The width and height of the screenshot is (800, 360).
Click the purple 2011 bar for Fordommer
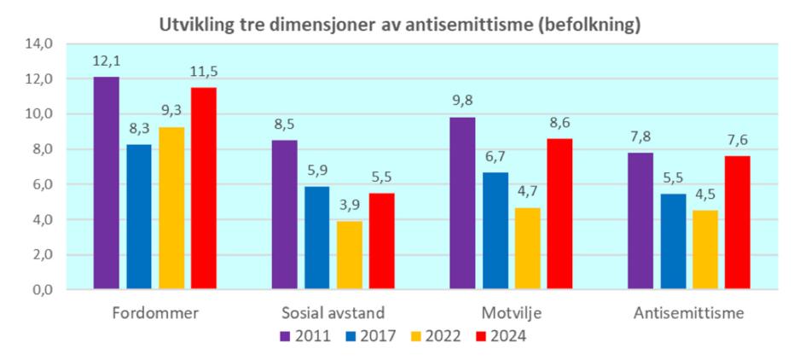107,183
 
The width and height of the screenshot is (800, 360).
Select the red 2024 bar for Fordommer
204,189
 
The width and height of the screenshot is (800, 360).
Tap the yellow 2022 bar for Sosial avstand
350,255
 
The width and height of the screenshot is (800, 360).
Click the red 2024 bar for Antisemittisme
738,223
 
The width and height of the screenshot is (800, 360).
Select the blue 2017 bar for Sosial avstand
317,238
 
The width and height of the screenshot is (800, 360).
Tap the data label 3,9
350,205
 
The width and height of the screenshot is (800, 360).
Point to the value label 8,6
559,122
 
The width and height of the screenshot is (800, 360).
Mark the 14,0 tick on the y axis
40,44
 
